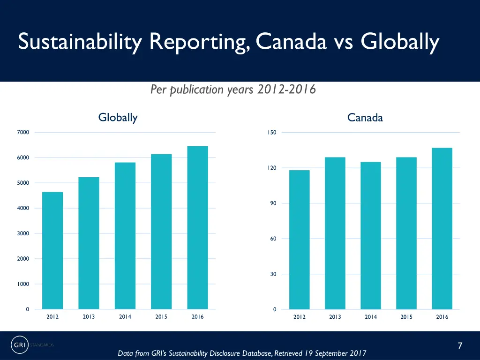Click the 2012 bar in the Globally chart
coord(52,250)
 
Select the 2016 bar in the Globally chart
coord(197,228)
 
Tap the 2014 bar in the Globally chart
coord(125,236)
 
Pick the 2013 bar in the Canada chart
coord(335,233)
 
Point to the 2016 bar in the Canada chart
coord(442,228)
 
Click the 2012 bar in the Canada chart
coord(300,240)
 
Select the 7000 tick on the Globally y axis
coord(23,132)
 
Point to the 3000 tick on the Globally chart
coord(23,233)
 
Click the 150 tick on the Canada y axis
coord(272,133)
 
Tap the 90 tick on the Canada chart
coord(273,203)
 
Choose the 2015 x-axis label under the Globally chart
coord(161,317)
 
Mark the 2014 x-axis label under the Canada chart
coord(371,317)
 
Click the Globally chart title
coord(118,118)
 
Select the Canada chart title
coord(365,118)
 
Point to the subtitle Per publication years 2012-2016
coord(233,89)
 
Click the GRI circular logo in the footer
coord(19,345)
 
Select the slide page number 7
coord(460,346)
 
